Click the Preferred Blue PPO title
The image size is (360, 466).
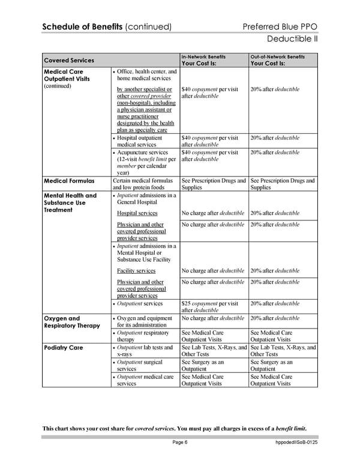280,26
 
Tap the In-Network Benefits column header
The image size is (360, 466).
203,57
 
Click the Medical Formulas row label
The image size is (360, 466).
70,181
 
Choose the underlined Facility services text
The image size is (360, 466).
136,271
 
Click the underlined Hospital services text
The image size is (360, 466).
137,213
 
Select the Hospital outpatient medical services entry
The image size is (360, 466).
143,141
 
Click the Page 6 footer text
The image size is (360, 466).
179,443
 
